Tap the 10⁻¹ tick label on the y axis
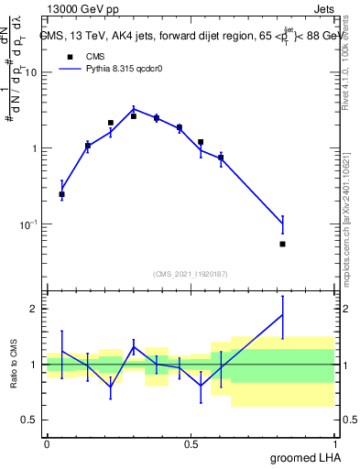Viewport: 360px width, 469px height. [28, 224]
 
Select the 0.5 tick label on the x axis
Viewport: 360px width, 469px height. [191, 443]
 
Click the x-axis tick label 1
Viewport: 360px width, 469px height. [334, 443]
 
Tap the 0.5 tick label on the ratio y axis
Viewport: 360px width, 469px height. [29, 420]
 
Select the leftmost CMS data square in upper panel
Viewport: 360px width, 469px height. [61, 194]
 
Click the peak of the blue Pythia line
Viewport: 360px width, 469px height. [134, 108]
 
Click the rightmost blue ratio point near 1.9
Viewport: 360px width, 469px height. [282, 315]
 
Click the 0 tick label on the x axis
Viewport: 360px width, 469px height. [47, 443]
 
